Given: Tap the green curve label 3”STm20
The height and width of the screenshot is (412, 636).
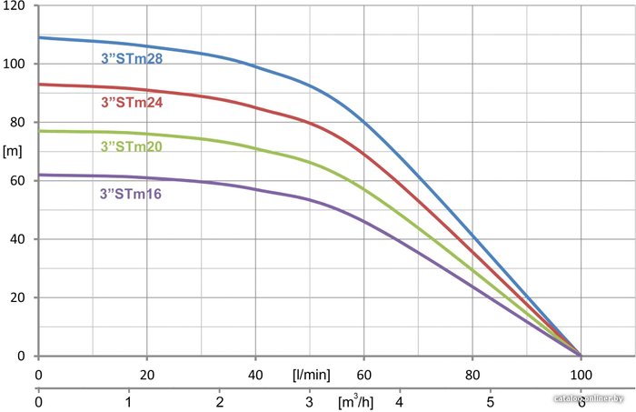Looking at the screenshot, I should [x=131, y=146].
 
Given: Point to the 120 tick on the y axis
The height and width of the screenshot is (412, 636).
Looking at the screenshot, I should [x=17, y=6].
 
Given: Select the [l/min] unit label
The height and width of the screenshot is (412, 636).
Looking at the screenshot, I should [x=310, y=374].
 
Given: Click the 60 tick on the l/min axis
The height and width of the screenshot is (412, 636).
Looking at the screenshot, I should [x=363, y=374].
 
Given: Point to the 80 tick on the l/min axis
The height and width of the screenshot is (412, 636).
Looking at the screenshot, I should [x=472, y=374].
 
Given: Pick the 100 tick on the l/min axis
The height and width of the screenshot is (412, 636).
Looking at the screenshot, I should [x=581, y=374].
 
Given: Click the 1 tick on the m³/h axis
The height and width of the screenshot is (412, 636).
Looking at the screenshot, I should [x=129, y=400].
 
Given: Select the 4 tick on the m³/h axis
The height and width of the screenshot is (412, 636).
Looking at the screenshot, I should [x=400, y=400].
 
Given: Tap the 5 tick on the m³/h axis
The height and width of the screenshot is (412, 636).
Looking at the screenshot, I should [x=490, y=400].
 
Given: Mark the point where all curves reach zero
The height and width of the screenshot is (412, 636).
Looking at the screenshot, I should [x=581, y=355].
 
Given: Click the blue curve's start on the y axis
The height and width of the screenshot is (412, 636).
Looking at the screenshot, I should [x=39, y=37].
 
